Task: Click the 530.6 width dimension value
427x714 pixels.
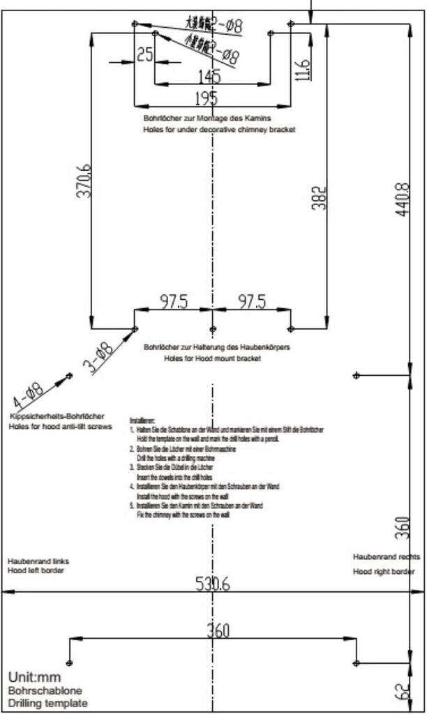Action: (x=213, y=584)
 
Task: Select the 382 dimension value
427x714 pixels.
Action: (x=319, y=199)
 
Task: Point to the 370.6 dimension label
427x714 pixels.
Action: (x=84, y=181)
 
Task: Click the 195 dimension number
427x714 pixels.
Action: (x=206, y=98)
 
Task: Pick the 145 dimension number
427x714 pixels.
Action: (x=209, y=75)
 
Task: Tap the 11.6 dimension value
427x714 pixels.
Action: (x=303, y=69)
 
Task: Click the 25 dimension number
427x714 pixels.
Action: (x=145, y=54)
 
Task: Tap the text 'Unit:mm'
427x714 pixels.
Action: (x=34, y=677)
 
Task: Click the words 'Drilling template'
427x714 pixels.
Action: (x=47, y=703)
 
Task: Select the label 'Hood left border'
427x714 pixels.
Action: (x=36, y=570)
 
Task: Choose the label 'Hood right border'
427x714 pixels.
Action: (x=383, y=572)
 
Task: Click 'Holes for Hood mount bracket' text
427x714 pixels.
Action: (x=213, y=358)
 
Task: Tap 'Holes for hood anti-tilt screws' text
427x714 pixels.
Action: (x=60, y=425)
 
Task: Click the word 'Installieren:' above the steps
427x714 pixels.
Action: (x=142, y=421)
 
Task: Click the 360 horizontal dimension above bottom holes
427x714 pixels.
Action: (x=218, y=631)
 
